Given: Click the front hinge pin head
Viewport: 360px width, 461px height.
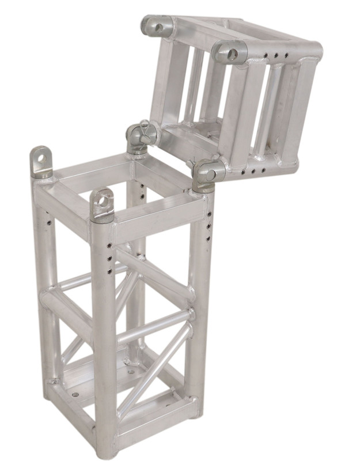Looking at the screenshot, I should (204, 172).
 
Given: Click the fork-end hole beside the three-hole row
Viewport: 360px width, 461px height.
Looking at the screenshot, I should (233, 55).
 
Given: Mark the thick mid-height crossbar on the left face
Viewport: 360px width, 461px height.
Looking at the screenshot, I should (65, 311).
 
